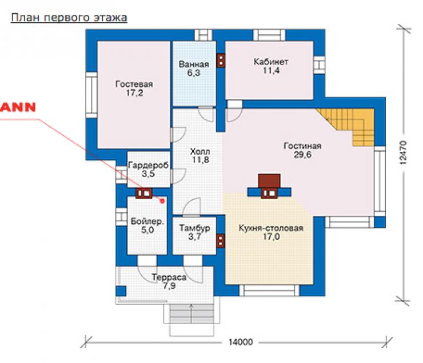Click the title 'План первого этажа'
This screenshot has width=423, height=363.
coord(69,18)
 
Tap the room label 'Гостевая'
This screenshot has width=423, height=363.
coord(134,84)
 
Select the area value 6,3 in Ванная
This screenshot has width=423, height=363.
coord(194,72)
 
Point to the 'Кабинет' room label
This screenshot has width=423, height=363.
coord(271,62)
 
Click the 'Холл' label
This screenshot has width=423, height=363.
coord(200,151)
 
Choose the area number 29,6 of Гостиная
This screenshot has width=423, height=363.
coord(302,155)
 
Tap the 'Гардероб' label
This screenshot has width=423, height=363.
coord(149,165)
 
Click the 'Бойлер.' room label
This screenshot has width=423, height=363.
coord(147,221)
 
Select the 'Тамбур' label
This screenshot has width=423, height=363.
coord(194,228)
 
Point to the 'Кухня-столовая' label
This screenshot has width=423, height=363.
coord(271,228)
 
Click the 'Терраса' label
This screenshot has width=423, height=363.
coord(169,277)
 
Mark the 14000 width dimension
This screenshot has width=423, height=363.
coord(241,342)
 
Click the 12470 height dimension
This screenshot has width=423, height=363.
coord(402,152)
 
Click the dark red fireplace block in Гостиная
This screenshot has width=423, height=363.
coord(269,181)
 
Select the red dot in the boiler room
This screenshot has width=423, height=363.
coord(162,201)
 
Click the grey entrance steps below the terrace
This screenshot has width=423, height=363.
coord(192,314)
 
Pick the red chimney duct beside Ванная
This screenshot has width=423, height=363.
coord(221,61)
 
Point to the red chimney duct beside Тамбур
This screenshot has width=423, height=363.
coord(221,240)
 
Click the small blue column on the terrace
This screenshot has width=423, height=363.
coord(121,291)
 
